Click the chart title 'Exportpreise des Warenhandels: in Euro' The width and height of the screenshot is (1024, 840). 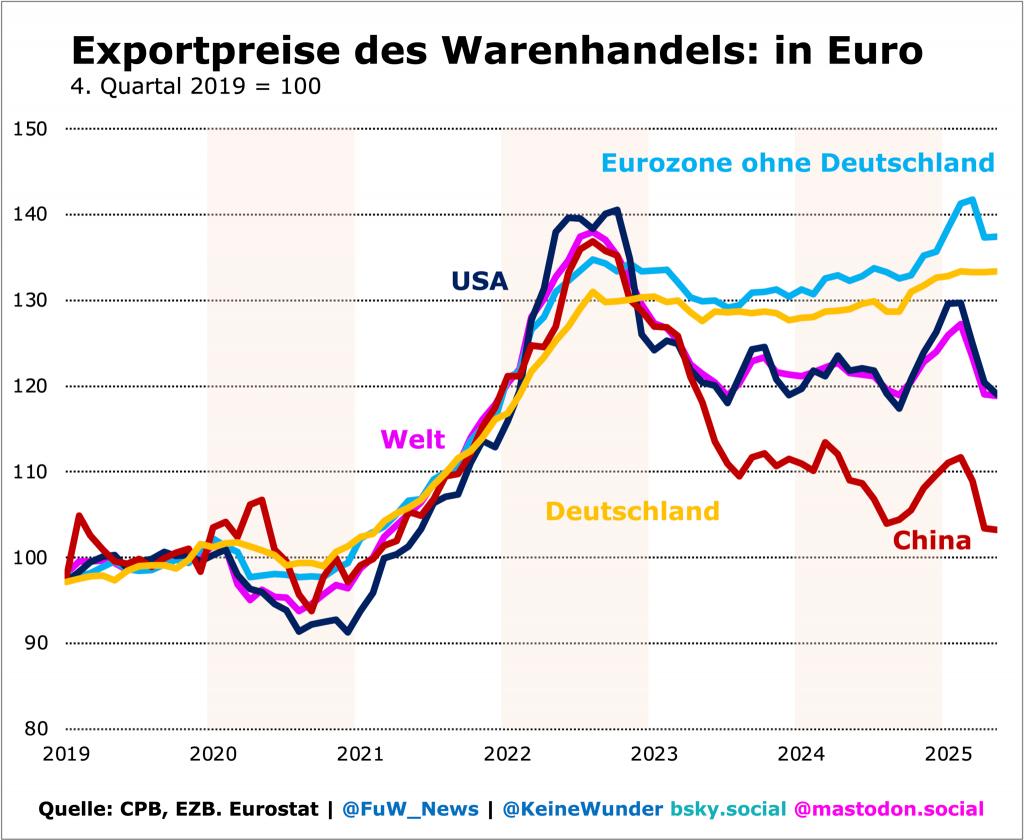click(x=496, y=50)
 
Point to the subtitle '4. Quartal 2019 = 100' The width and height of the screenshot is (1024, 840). click(x=195, y=86)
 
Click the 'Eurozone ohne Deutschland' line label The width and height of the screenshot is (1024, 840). click(x=797, y=162)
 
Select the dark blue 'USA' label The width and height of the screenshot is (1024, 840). click(x=480, y=282)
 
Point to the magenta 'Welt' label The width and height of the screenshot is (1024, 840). click(x=413, y=439)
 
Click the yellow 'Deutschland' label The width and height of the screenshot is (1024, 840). click(x=632, y=511)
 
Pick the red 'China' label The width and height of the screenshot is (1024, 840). click(x=932, y=541)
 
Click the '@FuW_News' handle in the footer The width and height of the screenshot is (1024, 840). click(x=410, y=809)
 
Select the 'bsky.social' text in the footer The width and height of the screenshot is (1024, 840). click(x=726, y=809)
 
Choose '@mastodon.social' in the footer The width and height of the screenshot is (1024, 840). click(x=888, y=809)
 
